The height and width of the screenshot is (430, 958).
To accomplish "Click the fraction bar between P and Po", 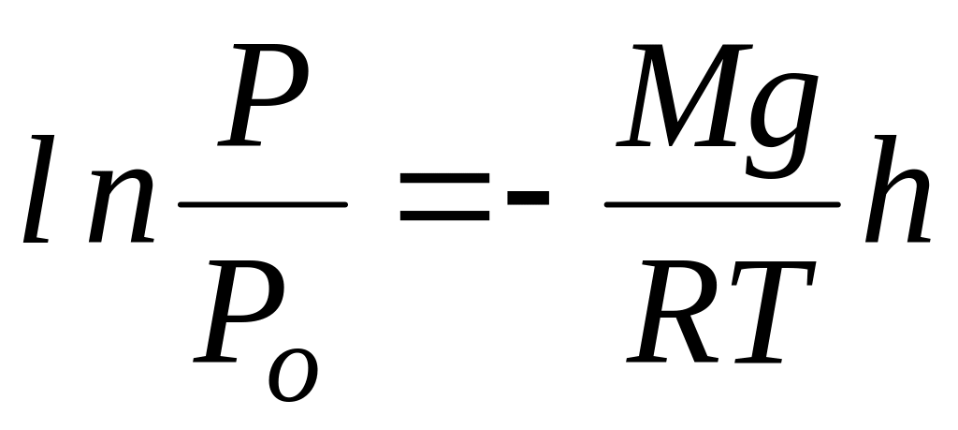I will (x=263, y=203).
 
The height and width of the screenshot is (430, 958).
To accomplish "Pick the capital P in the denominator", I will (x=235, y=314).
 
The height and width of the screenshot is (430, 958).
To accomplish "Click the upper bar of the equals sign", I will (x=444, y=191).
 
